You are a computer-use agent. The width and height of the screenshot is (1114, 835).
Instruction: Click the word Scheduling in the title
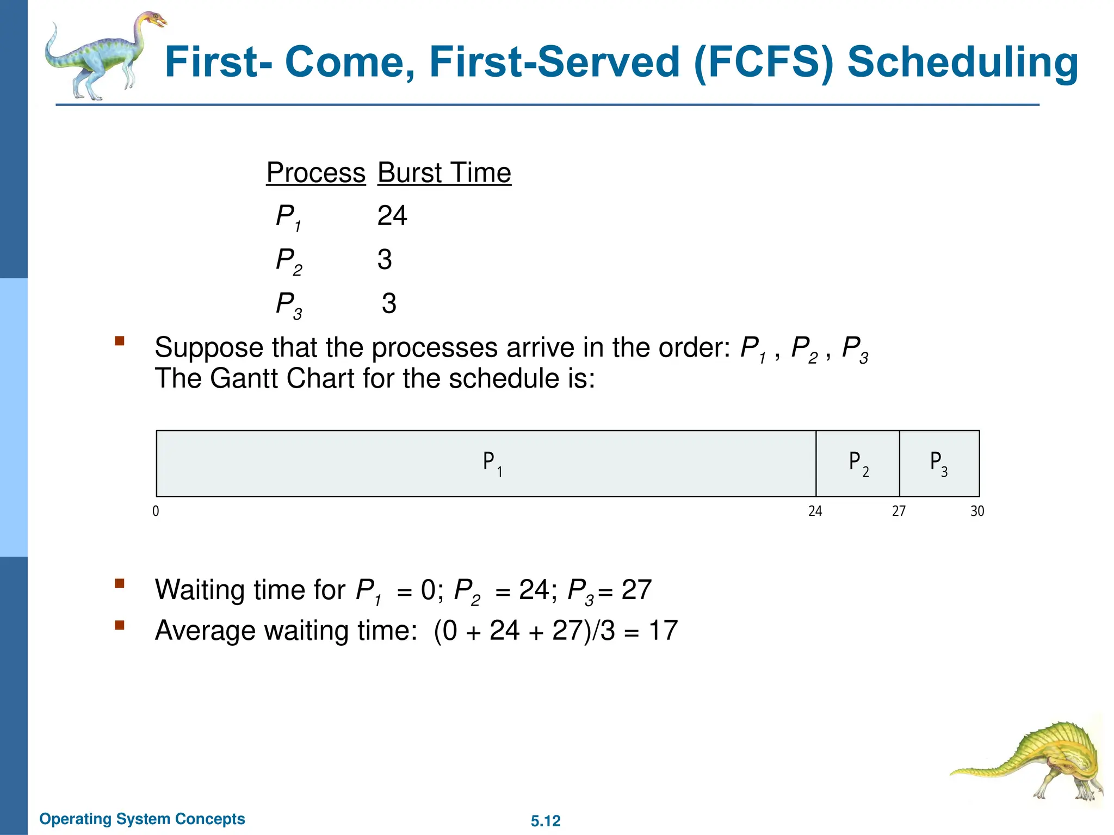pyautogui.click(x=962, y=63)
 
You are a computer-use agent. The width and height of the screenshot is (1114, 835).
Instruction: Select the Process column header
pyautogui.click(x=315, y=173)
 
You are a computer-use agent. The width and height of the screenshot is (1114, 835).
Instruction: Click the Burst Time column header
pyautogui.click(x=444, y=173)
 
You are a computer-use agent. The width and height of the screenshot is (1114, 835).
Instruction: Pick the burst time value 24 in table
pyautogui.click(x=392, y=216)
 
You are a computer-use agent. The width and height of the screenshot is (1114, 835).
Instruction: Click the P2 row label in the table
pyautogui.click(x=288, y=261)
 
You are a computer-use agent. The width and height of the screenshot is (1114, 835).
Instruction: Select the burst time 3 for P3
pyautogui.click(x=388, y=303)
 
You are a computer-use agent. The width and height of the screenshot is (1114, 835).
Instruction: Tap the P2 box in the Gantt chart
pyautogui.click(x=857, y=463)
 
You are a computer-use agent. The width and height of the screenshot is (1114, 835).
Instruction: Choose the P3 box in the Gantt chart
pyautogui.click(x=939, y=463)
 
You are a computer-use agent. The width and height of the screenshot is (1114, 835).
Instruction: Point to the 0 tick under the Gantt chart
pyautogui.click(x=156, y=511)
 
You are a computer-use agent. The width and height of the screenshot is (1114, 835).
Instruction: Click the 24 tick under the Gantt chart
pyautogui.click(x=815, y=511)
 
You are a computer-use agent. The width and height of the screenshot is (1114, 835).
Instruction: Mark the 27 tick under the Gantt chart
pyautogui.click(x=899, y=511)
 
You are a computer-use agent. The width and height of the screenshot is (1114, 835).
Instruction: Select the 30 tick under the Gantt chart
pyautogui.click(x=977, y=511)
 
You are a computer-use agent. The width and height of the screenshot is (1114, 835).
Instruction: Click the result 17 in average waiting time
pyautogui.click(x=663, y=631)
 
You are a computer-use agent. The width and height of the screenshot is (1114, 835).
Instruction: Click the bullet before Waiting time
pyautogui.click(x=120, y=584)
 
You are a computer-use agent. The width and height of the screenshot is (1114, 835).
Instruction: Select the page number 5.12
pyautogui.click(x=545, y=821)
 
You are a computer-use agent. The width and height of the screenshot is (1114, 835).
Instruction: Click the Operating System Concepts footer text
pyautogui.click(x=142, y=819)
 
